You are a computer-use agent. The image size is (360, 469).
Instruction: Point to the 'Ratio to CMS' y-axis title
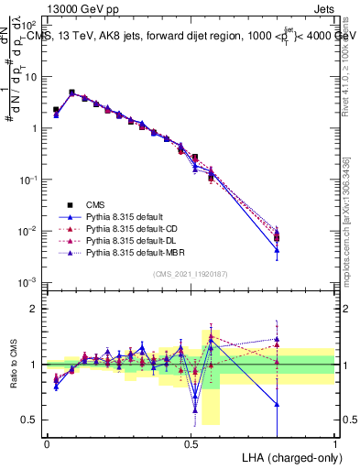(x=12, y=365)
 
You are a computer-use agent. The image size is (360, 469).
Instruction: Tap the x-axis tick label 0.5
(x=191, y=442)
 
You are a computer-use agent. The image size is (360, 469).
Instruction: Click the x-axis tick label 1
(x=335, y=442)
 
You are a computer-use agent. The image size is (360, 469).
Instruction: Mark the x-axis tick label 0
(x=47, y=442)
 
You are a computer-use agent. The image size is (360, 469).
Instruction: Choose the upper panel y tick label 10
(x=32, y=77)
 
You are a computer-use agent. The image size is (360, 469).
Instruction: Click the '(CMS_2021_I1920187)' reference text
(x=191, y=274)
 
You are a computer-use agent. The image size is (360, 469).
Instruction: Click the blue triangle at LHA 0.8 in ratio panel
(x=277, y=404)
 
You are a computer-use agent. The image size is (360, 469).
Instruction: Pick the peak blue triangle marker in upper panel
(x=71, y=93)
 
